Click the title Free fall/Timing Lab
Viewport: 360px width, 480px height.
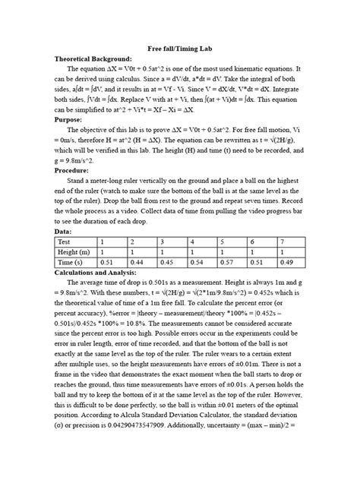pyautogui.click(x=180, y=47)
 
